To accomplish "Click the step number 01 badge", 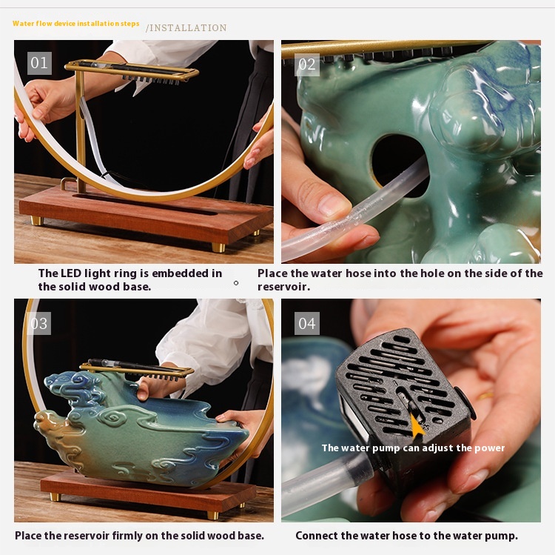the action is click(39, 63).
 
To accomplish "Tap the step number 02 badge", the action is click(306, 64).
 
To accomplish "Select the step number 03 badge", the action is click(38, 323).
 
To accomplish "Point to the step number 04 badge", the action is click(306, 323).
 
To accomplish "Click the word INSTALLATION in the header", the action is click(188, 27).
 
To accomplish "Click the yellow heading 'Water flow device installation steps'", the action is click(75, 24).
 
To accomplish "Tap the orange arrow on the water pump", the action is click(417, 426).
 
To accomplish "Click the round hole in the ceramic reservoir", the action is click(398, 164).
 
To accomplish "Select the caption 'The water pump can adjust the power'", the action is click(413, 448).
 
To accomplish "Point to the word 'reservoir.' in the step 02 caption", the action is click(283, 287).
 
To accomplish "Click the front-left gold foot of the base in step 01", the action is click(37, 221).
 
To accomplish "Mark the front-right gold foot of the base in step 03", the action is click(213, 515).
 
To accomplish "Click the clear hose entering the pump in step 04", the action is click(325, 479).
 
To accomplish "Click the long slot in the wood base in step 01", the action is click(145, 204).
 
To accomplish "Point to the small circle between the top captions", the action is click(236, 283).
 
